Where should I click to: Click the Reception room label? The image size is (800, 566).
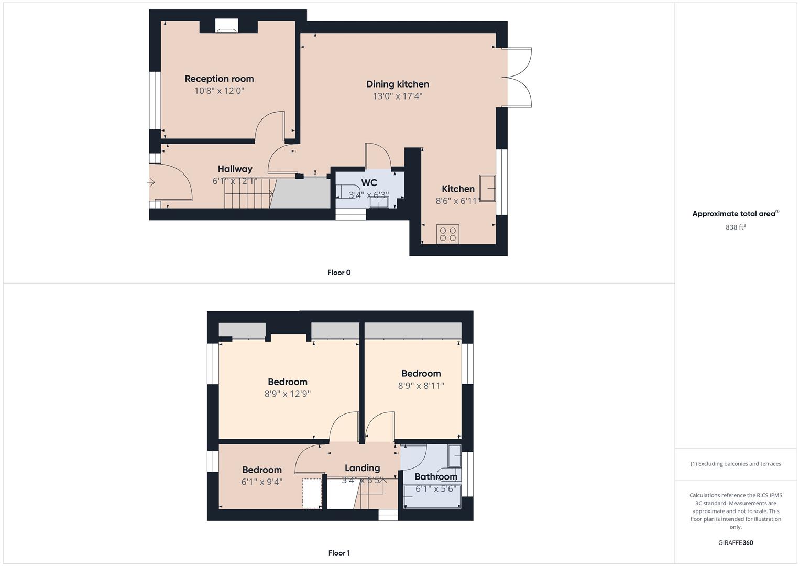point(219,79)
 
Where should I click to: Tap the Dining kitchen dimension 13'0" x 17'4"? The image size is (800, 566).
point(397,96)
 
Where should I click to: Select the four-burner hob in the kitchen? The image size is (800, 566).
point(448,234)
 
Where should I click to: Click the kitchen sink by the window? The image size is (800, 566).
point(487,188)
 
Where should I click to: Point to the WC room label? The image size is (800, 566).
point(369,183)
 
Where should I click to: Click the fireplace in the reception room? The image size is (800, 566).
point(226,28)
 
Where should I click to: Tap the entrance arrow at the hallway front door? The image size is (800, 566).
point(151,183)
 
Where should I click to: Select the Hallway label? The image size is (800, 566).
point(235,169)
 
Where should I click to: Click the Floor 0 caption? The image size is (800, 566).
point(339,273)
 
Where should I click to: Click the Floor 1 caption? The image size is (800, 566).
point(339,553)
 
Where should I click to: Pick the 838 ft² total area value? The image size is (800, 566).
point(736,227)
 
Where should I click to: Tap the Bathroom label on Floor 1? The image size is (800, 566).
point(436,476)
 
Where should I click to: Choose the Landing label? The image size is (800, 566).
point(362,468)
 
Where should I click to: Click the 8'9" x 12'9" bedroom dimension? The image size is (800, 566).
point(287,394)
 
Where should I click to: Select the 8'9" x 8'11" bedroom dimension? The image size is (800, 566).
point(421,386)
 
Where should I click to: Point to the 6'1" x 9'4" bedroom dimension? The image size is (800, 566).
point(262,482)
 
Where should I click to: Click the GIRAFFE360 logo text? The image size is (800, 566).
point(736,543)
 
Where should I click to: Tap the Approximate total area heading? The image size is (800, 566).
point(735,214)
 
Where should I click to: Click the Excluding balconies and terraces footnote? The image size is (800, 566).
point(736,464)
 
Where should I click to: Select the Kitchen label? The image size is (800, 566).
point(458,189)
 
